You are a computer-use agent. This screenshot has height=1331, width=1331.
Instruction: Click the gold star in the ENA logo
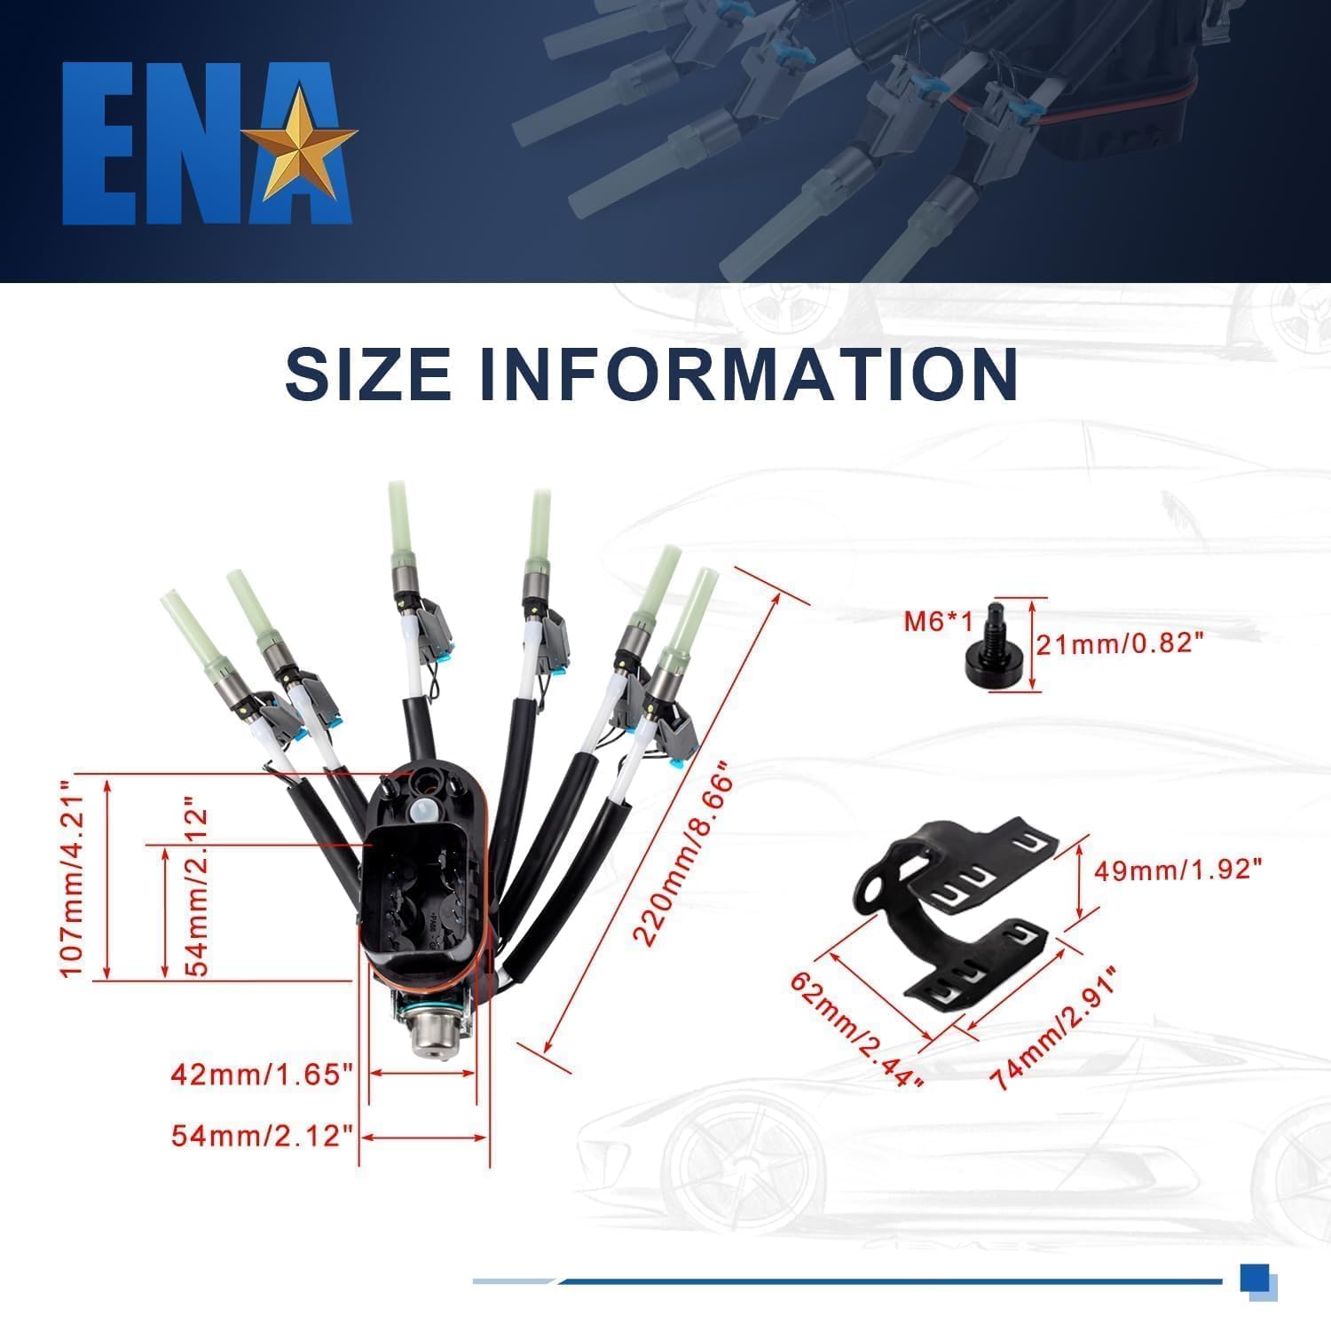point(300,142)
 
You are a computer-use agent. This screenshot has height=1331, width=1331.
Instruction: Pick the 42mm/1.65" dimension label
point(263,1075)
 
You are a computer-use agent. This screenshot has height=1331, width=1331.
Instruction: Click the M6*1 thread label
point(939,621)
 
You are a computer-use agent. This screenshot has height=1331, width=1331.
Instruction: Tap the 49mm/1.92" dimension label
point(1177,870)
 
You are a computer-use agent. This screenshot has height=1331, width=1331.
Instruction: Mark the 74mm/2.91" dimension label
point(1053,1029)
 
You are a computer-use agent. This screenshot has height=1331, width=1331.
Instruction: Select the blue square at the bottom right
point(1254,1279)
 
